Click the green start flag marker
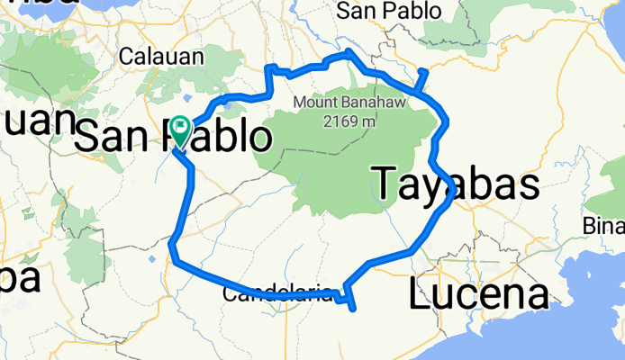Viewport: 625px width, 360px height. click(180, 131)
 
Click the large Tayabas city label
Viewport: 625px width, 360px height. click(455, 184)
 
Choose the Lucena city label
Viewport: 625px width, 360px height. click(478, 293)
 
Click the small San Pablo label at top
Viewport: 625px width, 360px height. click(388, 11)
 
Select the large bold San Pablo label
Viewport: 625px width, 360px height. click(171, 138)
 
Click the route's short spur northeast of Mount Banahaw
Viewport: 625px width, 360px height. click(421, 79)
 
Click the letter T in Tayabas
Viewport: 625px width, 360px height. click(385, 184)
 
